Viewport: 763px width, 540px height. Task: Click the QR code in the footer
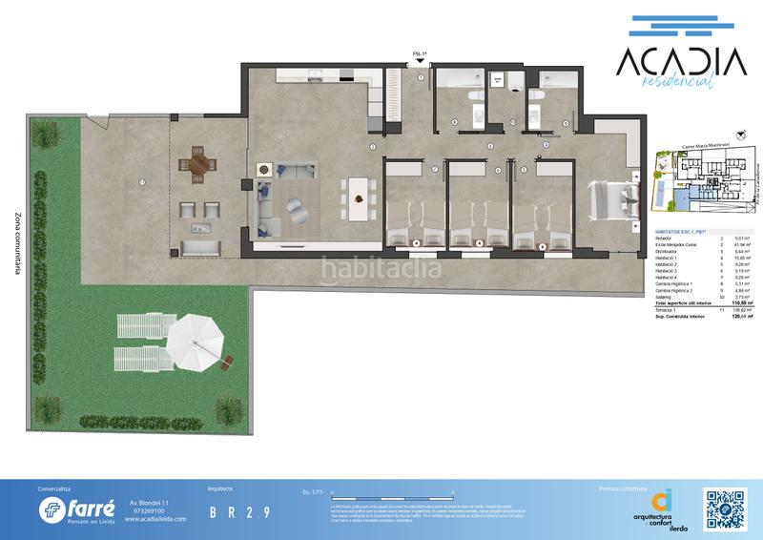(726, 505)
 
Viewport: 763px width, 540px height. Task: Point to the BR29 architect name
(238, 512)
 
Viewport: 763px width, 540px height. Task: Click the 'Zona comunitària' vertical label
(18, 244)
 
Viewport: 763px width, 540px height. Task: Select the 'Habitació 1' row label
(668, 259)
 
